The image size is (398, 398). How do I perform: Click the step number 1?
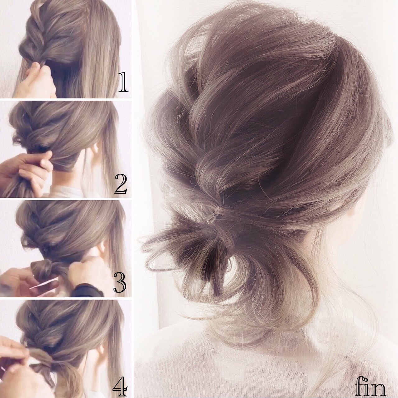click(x=123, y=82)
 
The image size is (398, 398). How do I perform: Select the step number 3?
click(x=120, y=282)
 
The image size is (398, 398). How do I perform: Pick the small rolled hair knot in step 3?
click(x=41, y=269)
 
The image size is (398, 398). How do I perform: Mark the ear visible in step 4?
click(x=100, y=351)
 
